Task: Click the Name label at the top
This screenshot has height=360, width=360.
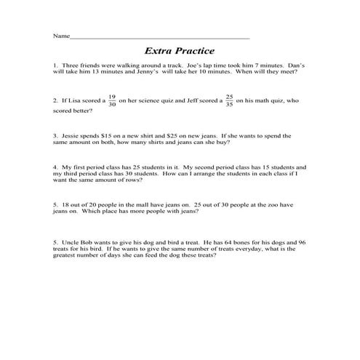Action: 61,36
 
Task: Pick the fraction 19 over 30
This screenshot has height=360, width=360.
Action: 111,101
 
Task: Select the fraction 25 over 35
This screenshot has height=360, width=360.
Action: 229,101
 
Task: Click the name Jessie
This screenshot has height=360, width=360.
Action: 71,135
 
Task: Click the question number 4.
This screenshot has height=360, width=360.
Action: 55,167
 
